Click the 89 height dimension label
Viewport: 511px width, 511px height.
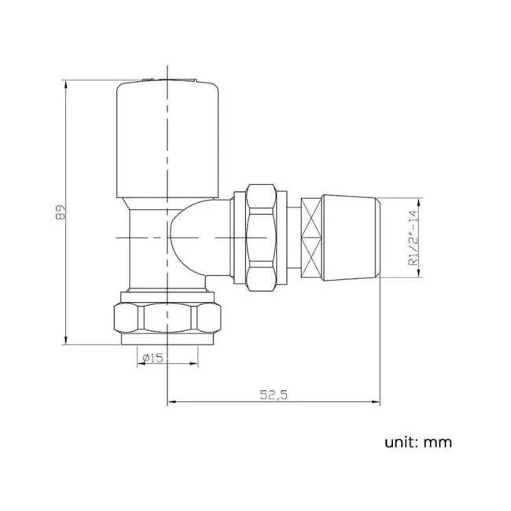point(59,212)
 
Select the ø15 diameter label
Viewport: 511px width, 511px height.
point(153,358)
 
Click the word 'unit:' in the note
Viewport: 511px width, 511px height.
point(402,442)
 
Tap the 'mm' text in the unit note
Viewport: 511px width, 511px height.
point(438,443)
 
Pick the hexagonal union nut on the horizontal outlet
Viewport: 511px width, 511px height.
point(261,237)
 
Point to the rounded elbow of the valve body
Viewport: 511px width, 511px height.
point(192,236)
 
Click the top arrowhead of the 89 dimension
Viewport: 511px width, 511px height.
point(65,82)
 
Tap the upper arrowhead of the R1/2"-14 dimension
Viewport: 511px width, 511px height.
point(417,201)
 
